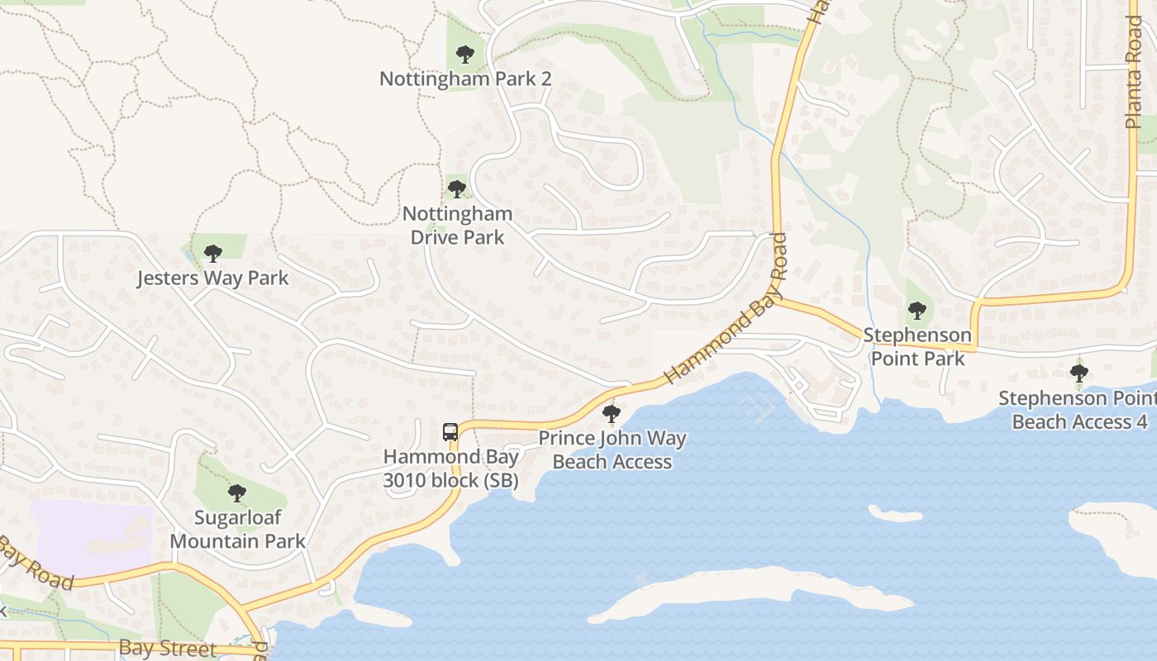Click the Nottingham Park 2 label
click(465, 79)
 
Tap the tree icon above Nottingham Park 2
click(465, 55)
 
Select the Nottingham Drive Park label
click(457, 226)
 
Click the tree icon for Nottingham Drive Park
click(457, 189)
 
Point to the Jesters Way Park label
click(213, 278)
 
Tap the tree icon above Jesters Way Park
click(213, 253)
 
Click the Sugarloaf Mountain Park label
click(237, 530)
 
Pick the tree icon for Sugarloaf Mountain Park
click(237, 493)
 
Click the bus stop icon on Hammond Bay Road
click(450, 431)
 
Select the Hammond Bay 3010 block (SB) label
click(451, 468)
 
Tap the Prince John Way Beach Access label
click(612, 449)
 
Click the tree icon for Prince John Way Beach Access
click(612, 413)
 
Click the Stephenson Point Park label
click(917, 346)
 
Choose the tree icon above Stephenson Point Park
click(917, 311)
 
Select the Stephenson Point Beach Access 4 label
click(1078, 410)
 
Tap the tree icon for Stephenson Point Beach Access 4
click(1078, 373)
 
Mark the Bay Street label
click(168, 648)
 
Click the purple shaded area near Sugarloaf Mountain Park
click(91, 537)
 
